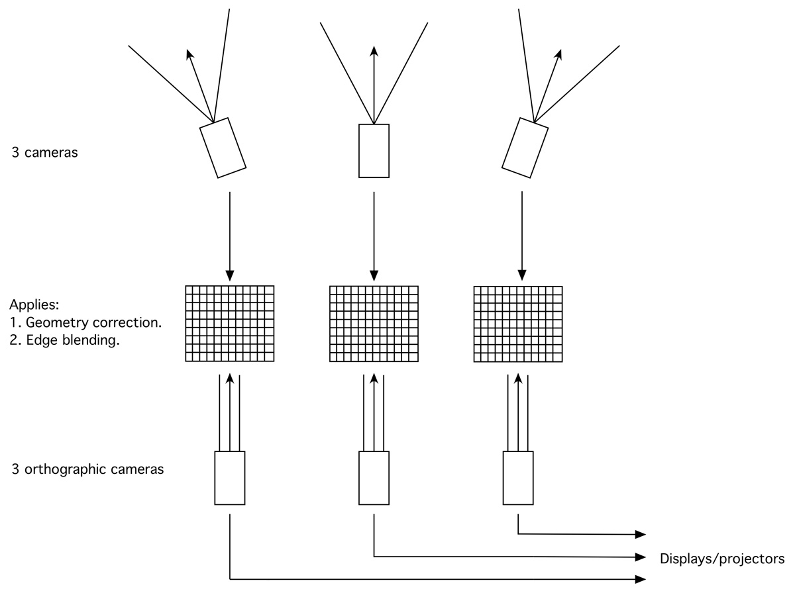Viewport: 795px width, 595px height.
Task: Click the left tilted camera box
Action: [223, 148]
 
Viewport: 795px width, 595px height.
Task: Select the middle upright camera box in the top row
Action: [374, 151]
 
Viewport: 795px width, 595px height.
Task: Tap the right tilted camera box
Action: [525, 148]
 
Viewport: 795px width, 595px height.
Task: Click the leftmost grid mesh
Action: [230, 324]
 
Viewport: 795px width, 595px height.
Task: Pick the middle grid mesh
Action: [374, 324]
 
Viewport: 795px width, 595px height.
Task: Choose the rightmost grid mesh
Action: [518, 324]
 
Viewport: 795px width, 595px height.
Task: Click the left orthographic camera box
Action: [230, 478]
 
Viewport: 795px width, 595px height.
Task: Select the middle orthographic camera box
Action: [374, 478]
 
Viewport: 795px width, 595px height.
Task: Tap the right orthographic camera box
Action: [518, 478]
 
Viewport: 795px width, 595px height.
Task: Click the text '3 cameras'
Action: [44, 152]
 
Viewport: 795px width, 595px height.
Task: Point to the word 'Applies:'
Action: [34, 305]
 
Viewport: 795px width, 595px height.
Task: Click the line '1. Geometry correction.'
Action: [85, 322]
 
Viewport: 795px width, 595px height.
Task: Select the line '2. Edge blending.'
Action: [64, 340]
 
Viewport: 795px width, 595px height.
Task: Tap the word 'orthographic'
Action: [65, 469]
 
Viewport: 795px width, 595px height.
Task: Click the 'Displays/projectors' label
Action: [722, 559]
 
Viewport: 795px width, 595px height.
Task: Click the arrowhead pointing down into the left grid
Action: [230, 275]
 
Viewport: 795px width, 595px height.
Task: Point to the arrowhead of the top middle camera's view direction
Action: [374, 52]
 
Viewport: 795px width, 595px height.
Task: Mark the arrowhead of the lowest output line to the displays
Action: [641, 579]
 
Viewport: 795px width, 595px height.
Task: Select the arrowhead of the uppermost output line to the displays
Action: [641, 534]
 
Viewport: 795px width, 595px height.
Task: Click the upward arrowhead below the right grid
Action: [518, 379]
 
